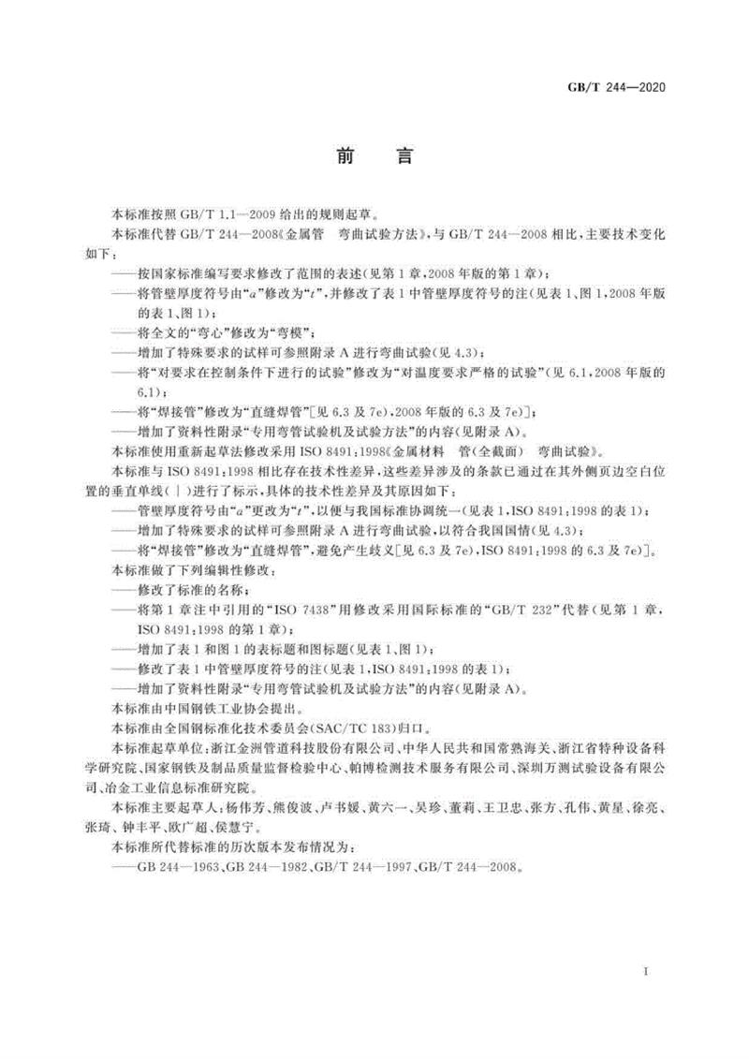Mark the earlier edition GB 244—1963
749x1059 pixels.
[173, 867]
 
